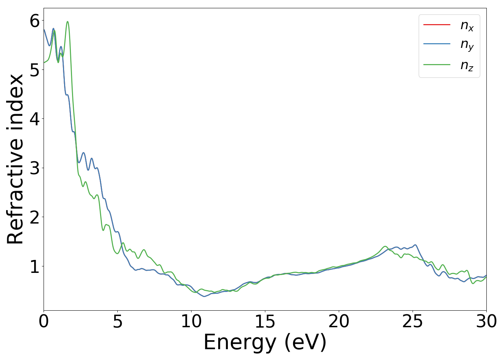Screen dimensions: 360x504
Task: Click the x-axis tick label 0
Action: (44, 321)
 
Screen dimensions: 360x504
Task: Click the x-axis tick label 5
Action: (117, 321)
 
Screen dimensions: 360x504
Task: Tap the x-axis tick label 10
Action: (191, 321)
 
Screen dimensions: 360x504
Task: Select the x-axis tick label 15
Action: (265, 321)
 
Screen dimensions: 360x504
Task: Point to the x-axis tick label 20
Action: (339, 321)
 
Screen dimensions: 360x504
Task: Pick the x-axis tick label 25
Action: (413, 321)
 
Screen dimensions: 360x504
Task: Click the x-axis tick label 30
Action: (486, 321)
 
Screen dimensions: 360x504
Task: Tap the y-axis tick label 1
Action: (35, 266)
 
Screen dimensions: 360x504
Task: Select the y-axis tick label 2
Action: (35, 217)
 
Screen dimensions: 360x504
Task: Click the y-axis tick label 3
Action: (35, 168)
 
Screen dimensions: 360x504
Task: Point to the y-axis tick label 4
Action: (35, 119)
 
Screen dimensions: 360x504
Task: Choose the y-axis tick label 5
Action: (35, 70)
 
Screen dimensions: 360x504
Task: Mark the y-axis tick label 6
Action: (35, 21)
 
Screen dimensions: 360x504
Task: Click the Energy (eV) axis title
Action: (265, 342)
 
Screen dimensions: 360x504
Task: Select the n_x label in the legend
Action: (467, 25)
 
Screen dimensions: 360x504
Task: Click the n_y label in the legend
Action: (467, 45)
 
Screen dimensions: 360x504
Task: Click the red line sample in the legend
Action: (437, 24)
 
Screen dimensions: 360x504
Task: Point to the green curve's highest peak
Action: (67, 22)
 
